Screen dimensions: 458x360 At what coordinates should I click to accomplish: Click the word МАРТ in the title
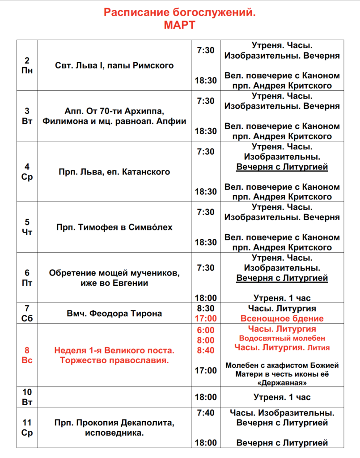[x=179, y=25]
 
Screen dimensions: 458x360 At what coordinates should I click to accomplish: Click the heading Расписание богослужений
[x=180, y=13]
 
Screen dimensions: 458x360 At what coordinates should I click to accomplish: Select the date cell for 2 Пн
[x=27, y=65]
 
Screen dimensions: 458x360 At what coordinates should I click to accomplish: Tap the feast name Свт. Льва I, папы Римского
[x=114, y=66]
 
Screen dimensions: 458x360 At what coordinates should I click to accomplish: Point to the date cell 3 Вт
[x=27, y=116]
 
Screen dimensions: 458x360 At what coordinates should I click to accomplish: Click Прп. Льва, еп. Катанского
[x=114, y=172]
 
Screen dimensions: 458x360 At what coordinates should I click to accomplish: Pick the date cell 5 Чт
[x=27, y=227]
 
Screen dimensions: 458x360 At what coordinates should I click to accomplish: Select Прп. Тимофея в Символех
[x=114, y=227]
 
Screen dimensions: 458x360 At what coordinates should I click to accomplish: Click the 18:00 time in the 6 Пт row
[x=206, y=298]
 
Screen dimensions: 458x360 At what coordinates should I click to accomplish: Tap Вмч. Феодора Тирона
[x=114, y=314]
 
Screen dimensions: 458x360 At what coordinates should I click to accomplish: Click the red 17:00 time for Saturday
[x=206, y=319]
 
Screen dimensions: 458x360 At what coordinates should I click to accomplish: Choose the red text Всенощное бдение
[x=282, y=319]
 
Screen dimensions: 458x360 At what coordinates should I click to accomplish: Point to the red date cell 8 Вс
[x=27, y=355]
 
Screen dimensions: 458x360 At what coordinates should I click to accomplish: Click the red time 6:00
[x=206, y=330]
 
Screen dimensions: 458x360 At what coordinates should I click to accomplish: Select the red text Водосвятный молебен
[x=282, y=338]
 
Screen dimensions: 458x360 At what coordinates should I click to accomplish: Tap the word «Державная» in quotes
[x=282, y=383]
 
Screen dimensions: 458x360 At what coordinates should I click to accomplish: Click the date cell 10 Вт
[x=27, y=397]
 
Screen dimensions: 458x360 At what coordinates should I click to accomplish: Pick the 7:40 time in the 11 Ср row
[x=206, y=413]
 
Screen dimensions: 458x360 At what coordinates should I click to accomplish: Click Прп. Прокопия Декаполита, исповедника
[x=114, y=428]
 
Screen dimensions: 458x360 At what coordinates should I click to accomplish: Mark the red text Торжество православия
[x=114, y=360]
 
